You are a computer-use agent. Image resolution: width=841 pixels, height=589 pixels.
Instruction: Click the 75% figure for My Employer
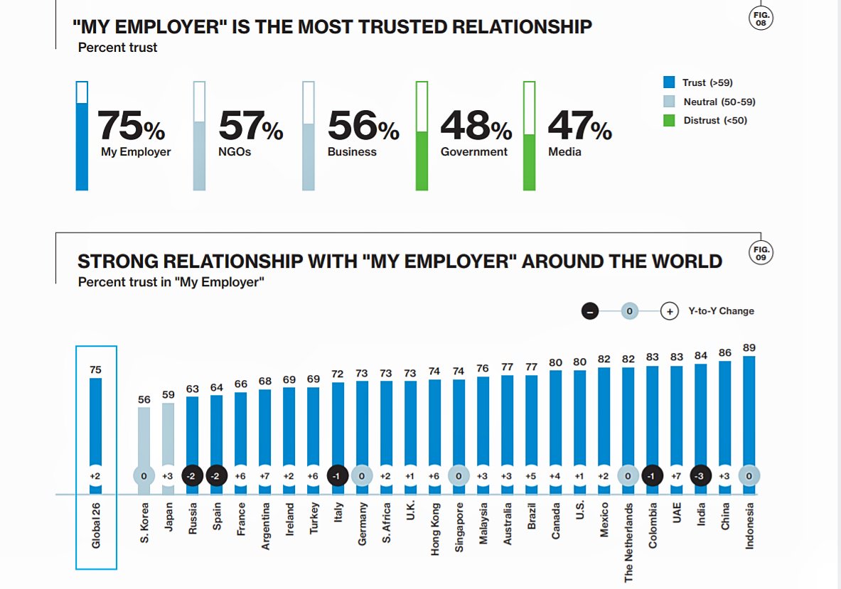click(131, 126)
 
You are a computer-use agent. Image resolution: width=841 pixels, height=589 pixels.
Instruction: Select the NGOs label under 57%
click(235, 152)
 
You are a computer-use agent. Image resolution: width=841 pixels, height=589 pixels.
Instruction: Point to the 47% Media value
click(579, 126)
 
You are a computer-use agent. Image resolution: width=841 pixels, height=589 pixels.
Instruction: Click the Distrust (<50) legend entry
click(715, 121)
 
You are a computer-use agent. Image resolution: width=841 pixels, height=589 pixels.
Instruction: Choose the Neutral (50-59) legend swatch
click(669, 102)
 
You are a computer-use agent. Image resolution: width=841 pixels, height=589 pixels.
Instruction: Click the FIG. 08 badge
click(761, 18)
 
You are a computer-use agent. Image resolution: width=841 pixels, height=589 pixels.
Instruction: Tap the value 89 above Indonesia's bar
click(749, 347)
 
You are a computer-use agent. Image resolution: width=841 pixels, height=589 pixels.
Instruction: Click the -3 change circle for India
click(700, 476)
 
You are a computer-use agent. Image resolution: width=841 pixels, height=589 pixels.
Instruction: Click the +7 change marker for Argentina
click(265, 476)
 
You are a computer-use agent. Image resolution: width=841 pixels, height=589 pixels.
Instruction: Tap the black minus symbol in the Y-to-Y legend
click(589, 311)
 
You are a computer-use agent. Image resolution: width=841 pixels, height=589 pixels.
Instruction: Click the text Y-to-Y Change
click(721, 311)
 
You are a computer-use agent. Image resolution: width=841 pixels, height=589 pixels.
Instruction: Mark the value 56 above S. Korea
click(144, 400)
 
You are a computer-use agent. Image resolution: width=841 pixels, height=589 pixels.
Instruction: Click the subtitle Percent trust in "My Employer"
click(171, 282)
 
